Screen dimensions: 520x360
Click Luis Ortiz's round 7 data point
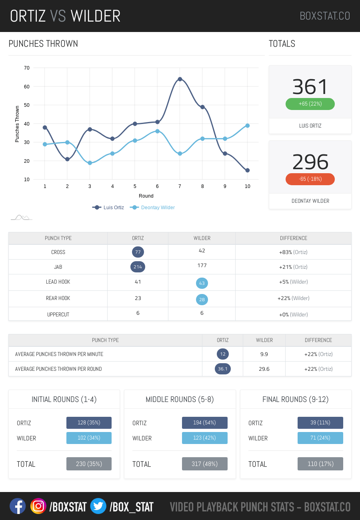pos(180,79)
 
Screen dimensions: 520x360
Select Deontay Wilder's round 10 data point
pos(248,126)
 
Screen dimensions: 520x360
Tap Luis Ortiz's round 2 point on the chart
pos(67,159)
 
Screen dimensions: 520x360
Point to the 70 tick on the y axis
pos(27,68)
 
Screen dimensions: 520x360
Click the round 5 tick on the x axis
pos(135,186)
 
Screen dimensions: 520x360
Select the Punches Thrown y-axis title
pos(17,124)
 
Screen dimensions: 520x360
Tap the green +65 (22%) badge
pos(310,104)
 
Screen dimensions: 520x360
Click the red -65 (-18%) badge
pos(310,179)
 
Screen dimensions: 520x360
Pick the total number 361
pos(310,87)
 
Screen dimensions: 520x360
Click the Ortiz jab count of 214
pos(138,267)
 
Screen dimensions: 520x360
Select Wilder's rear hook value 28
pos(202,300)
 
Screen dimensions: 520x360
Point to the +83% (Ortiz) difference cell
pos(293,252)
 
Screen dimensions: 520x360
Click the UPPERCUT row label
pos(58,315)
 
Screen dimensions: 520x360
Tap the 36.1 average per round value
pos(223,369)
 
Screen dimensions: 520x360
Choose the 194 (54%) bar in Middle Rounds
pos(205,423)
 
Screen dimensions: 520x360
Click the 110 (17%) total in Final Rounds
pos(320,464)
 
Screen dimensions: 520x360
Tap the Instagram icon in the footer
pos(38,506)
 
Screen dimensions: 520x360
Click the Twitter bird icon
pos(98,506)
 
